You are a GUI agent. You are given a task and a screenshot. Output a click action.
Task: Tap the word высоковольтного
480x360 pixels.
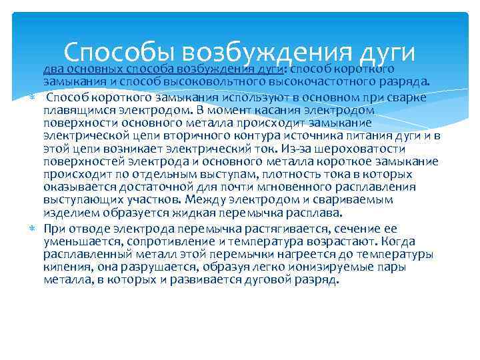pyautogui.click(x=224, y=83)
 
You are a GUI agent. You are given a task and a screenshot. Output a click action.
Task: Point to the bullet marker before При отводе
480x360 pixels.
pyautogui.click(x=33, y=227)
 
